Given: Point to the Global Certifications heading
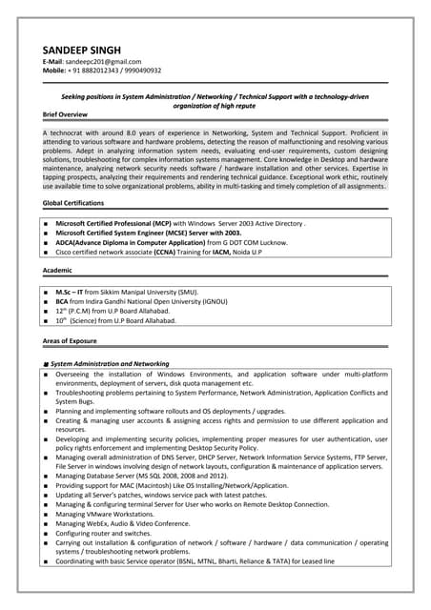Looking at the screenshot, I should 73,203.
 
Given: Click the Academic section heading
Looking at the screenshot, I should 58,271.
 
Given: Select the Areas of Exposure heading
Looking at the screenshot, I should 70,340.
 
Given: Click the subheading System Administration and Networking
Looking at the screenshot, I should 110,363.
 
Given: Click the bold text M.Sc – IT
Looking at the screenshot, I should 70,291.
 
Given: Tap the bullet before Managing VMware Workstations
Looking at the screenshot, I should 46,514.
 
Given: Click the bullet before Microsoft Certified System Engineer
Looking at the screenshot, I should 46,233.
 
